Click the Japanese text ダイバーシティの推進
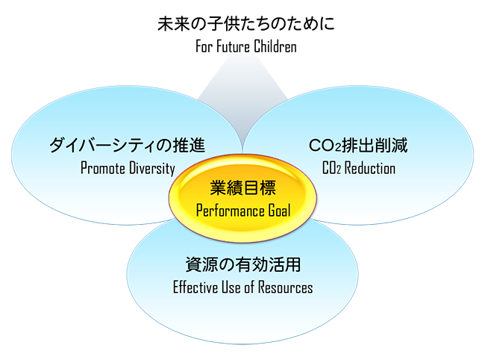pos(127,144)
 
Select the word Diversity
pos(152,167)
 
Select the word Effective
pos(196,287)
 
